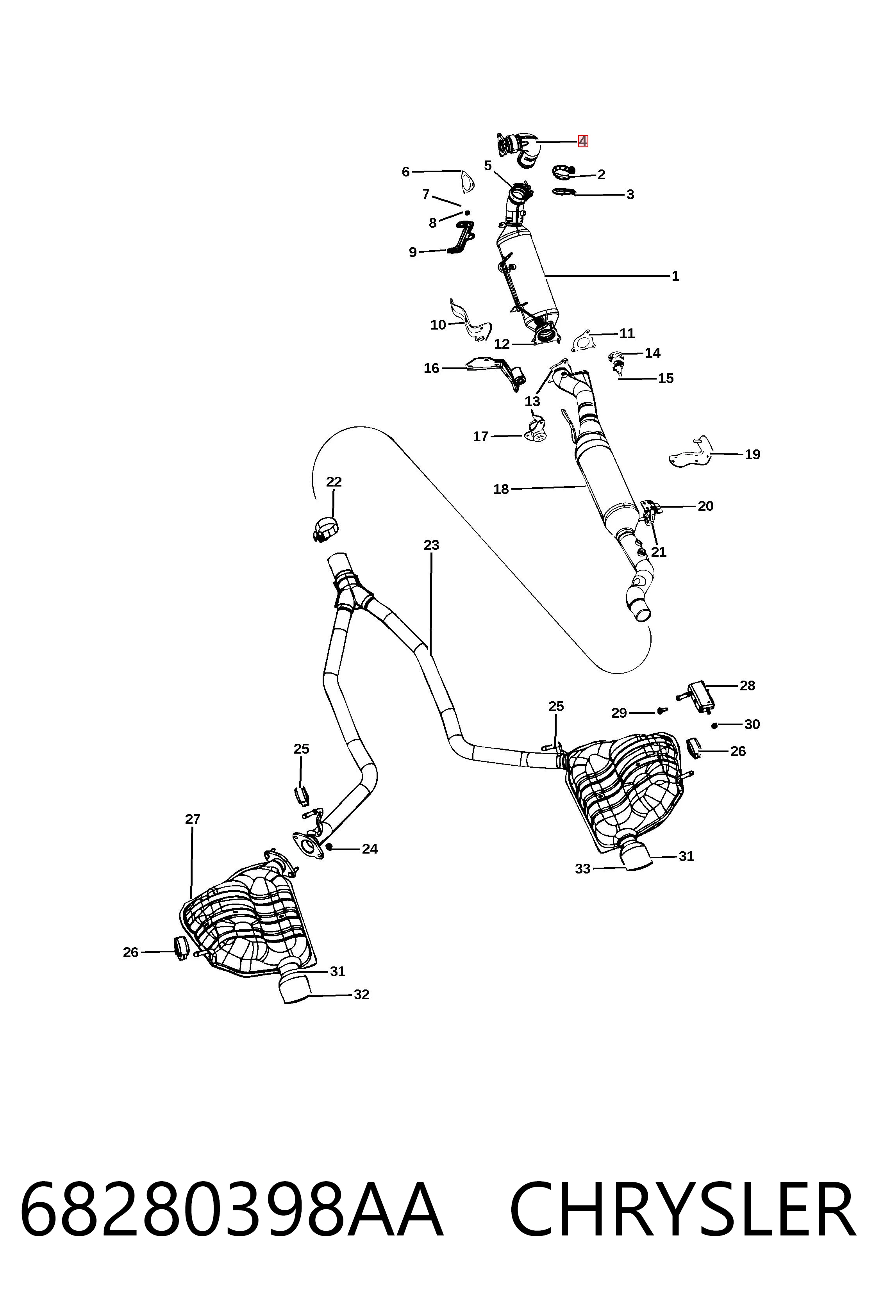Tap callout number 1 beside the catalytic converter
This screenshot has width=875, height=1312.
[675, 276]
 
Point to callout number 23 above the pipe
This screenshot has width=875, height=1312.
[431, 545]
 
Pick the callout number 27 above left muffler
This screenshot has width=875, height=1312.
[193, 820]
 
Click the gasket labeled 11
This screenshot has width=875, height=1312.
[582, 341]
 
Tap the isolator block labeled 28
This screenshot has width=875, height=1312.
[699, 698]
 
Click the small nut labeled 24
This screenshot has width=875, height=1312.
[329, 847]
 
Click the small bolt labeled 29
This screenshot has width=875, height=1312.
[662, 711]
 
